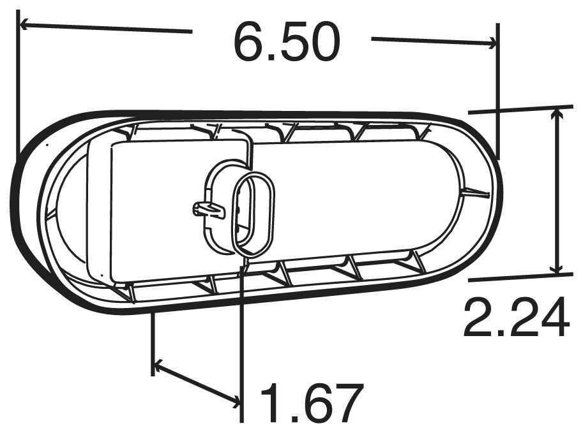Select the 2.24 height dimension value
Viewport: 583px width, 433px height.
516,318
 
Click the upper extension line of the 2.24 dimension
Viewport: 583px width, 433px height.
520,109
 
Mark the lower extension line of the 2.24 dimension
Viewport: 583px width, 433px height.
520,276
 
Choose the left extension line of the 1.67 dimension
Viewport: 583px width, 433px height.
153,341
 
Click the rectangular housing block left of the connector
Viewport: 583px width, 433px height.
166,210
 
